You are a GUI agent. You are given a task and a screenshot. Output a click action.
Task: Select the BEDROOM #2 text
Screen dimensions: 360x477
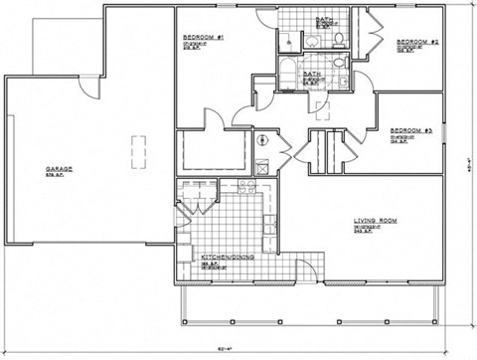point(418,42)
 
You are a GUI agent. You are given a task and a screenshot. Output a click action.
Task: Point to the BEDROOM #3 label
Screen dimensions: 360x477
point(409,131)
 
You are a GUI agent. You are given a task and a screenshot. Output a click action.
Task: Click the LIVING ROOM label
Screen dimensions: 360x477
point(376,222)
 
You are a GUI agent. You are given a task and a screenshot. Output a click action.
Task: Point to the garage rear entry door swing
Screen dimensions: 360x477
point(90,88)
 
